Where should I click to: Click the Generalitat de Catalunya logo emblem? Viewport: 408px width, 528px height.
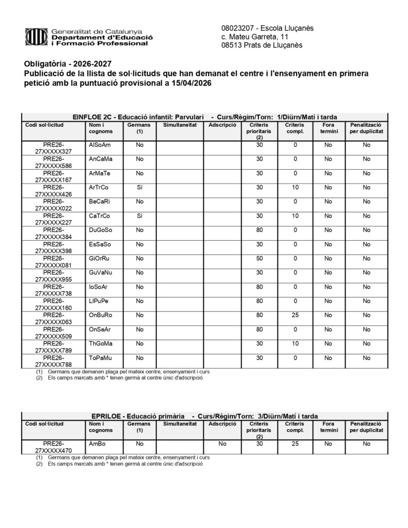(x=37, y=37)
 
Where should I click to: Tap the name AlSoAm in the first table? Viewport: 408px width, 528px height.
(x=100, y=145)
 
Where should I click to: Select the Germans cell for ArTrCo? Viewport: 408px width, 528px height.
(x=139, y=187)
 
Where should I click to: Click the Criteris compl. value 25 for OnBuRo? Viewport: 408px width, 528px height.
(x=295, y=315)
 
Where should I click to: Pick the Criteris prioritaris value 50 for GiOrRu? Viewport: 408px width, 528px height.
(x=259, y=258)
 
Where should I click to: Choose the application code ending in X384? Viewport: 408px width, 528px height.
(x=54, y=233)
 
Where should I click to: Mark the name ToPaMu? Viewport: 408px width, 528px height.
(x=101, y=358)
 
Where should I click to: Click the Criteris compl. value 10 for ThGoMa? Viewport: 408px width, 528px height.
(x=295, y=343)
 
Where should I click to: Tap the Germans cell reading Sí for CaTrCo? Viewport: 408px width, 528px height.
(x=139, y=216)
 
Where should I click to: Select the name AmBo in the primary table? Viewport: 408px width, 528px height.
(x=97, y=443)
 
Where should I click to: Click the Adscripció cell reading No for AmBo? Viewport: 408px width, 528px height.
(x=222, y=443)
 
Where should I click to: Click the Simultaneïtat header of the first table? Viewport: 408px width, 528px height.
(x=179, y=125)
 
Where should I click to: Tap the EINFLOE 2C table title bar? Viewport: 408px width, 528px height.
(x=205, y=117)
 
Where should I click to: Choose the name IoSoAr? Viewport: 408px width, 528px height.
(x=99, y=287)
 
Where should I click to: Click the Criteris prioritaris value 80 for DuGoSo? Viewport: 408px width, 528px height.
(x=259, y=229)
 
